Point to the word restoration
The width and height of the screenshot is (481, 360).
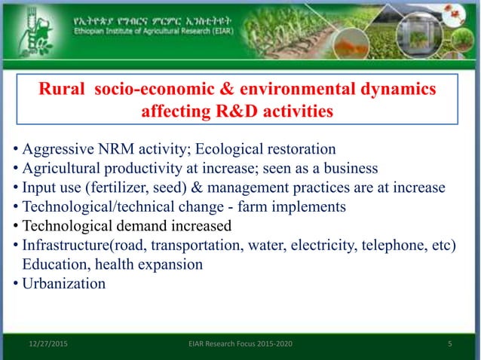coord(296,148)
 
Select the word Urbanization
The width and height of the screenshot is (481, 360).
coord(64,285)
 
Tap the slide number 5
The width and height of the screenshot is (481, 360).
coord(449,345)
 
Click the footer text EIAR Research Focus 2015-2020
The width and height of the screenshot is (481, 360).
coord(240,345)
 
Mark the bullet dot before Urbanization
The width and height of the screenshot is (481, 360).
coord(16,285)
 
